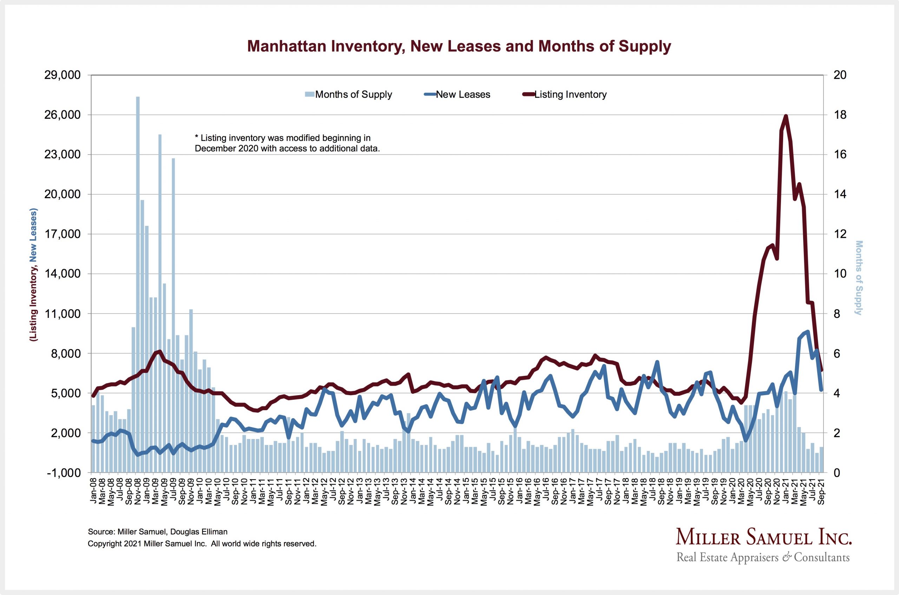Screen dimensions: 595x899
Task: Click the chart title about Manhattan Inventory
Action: coord(459,46)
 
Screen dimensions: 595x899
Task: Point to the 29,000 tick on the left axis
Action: coord(63,75)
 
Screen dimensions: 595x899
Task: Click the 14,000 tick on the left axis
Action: coord(63,274)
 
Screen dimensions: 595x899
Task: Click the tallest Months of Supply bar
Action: coord(138,266)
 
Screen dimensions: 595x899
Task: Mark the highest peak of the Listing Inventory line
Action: coord(786,116)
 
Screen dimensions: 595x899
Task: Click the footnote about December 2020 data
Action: coord(287,143)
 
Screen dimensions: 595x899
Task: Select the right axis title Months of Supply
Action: coord(859,278)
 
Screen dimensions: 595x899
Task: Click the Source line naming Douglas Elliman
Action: coord(157,532)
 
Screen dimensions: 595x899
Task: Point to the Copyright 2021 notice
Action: coord(202,544)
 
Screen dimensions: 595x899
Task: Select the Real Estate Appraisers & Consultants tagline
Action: coord(763,557)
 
